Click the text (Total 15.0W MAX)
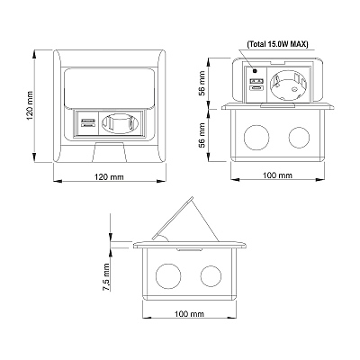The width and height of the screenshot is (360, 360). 277,44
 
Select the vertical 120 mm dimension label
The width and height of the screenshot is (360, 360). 30,105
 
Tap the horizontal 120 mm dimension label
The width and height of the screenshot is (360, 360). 109,177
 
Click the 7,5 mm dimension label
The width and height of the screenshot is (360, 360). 106,277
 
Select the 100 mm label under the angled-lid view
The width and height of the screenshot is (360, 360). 189,314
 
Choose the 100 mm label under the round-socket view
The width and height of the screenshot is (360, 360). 277,175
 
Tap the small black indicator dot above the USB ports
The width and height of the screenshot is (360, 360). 255,71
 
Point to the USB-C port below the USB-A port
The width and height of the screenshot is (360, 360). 256,88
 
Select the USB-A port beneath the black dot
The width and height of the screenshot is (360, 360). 256,81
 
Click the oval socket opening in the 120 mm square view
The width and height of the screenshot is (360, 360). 120,123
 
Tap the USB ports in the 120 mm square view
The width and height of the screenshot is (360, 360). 88,122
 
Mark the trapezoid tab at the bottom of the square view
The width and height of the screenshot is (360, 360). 110,152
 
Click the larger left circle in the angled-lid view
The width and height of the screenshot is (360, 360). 168,276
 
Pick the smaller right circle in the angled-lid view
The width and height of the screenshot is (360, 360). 211,275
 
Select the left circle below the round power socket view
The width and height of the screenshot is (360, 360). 256,137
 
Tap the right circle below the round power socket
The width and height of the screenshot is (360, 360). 299,137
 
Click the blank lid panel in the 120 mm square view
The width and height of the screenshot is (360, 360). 110,87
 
